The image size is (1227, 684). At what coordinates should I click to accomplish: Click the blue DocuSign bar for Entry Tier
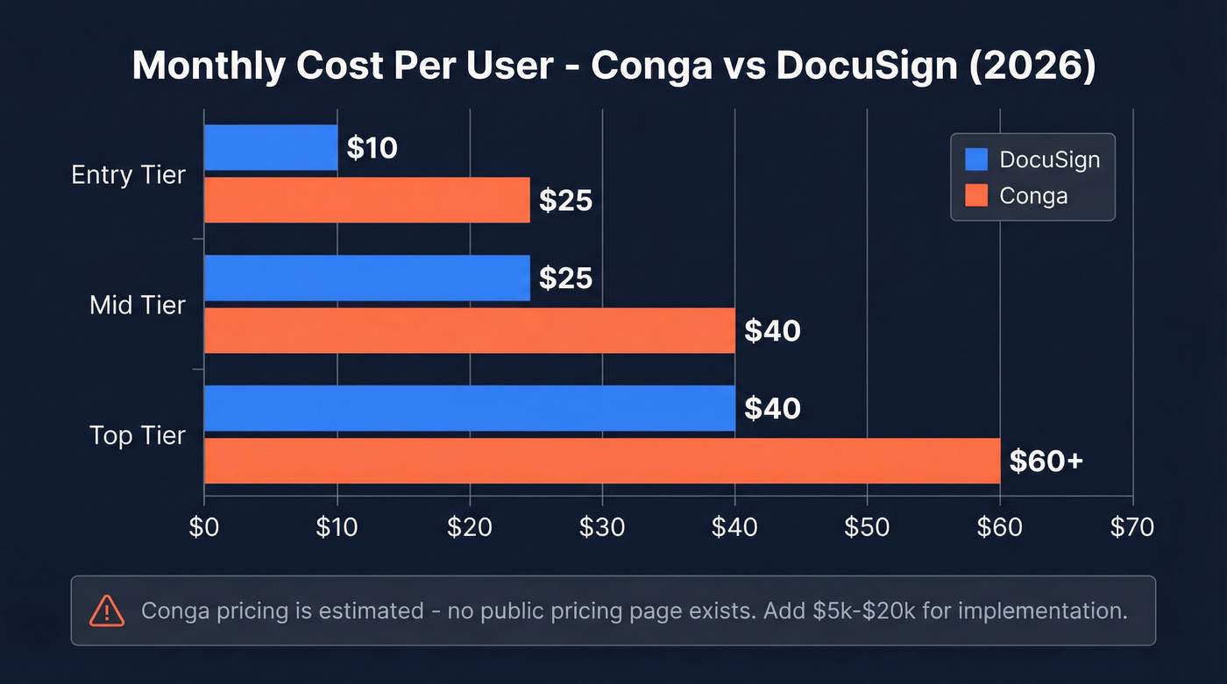pyautogui.click(x=270, y=147)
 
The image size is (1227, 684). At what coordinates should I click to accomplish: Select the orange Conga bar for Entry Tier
pyautogui.click(x=366, y=200)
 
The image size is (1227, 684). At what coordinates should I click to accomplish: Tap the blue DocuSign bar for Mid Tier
pyautogui.click(x=366, y=278)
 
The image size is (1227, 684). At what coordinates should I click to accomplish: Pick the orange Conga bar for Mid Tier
pyautogui.click(x=469, y=330)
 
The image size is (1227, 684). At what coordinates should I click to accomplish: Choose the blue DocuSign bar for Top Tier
pyautogui.click(x=469, y=408)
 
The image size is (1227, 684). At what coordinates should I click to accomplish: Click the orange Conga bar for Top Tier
pyautogui.click(x=601, y=461)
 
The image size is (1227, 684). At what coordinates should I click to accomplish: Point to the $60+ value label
pyautogui.click(x=1046, y=461)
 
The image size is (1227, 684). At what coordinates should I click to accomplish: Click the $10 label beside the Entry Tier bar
pyautogui.click(x=372, y=148)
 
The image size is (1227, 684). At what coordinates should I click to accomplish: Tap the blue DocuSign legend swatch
pyautogui.click(x=975, y=159)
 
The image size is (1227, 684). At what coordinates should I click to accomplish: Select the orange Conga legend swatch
pyautogui.click(x=975, y=194)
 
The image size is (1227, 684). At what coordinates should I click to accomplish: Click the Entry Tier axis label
pyautogui.click(x=128, y=174)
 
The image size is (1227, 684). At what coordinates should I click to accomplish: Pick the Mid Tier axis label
pyautogui.click(x=138, y=305)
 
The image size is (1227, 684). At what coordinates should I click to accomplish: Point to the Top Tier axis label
pyautogui.click(x=138, y=435)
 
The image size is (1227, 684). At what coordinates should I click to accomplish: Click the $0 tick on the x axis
pyautogui.click(x=204, y=526)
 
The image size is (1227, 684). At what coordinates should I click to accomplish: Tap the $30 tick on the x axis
pyautogui.click(x=601, y=526)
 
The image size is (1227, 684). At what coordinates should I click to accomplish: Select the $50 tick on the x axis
pyautogui.click(x=867, y=526)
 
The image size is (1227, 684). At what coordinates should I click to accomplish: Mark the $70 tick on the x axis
pyautogui.click(x=1132, y=526)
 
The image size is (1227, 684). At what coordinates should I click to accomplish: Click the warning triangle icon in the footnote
pyautogui.click(x=107, y=610)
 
